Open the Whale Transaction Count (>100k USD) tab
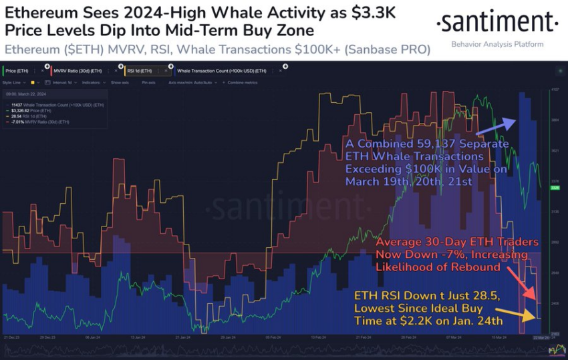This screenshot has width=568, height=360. coord(221,70)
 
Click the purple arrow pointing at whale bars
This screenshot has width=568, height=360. coord(498,125)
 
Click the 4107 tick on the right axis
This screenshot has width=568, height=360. coord(554,89)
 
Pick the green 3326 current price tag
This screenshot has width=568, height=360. coord(554,188)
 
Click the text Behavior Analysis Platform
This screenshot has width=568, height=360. coord(498,44)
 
